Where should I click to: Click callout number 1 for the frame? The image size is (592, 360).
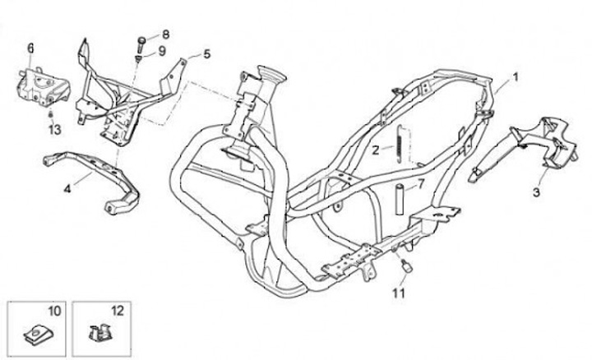pos(516,76)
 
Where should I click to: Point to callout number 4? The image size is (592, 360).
pos(67,188)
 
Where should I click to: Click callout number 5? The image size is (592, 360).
pos(206,53)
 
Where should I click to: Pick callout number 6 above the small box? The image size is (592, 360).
pos(30,48)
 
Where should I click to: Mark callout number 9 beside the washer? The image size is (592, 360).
pos(163,51)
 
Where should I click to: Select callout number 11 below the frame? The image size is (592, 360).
pos(399,292)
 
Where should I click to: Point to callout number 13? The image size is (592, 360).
pos(54,130)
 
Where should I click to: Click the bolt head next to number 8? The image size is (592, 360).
pos(142,39)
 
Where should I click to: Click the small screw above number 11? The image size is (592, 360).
pos(405,265)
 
